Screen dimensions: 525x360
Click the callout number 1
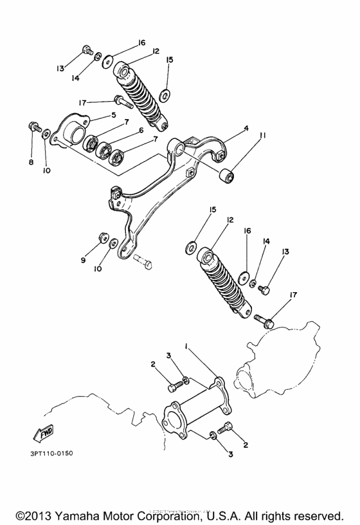point(186,346)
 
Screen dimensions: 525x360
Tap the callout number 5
point(113,115)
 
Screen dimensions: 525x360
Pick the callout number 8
point(31,162)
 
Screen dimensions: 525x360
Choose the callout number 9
point(83,260)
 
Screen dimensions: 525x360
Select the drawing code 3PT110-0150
point(51,452)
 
